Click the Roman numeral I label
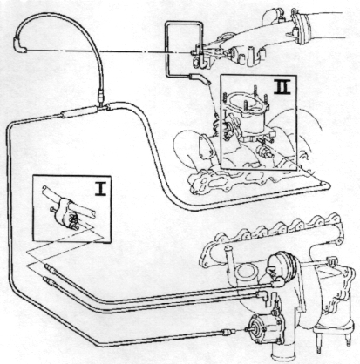pyautogui.click(x=100, y=188)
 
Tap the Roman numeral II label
pyautogui.click(x=282, y=86)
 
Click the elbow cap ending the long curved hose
pyautogui.click(x=19, y=46)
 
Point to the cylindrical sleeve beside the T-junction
pyautogui.click(x=78, y=112)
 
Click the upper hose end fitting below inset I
pyautogui.click(x=51, y=268)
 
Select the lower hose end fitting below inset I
pyautogui.click(x=48, y=282)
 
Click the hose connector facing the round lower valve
pyautogui.click(x=228, y=332)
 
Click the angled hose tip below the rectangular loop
pyautogui.click(x=200, y=78)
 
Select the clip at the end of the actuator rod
pyautogui.click(x=331, y=260)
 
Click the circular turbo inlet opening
pyautogui.click(x=246, y=273)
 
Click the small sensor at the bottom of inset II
pyautogui.click(x=265, y=152)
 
